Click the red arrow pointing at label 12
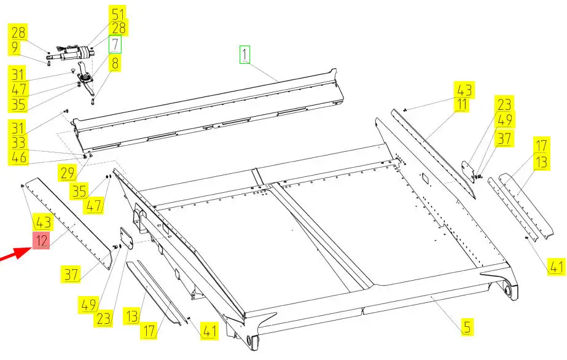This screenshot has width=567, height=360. pyautogui.click(x=15, y=254)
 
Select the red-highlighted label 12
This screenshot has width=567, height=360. pyautogui.click(x=41, y=241)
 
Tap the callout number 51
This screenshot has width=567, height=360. pyautogui.click(x=118, y=15)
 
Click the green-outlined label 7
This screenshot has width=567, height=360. pyautogui.click(x=115, y=44)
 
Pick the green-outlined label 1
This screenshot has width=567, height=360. pyautogui.click(x=245, y=55)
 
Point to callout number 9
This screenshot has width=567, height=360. pyautogui.click(x=15, y=47)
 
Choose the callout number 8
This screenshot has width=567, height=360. pyautogui.click(x=115, y=64)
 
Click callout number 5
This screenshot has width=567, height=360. pyautogui.click(x=467, y=327)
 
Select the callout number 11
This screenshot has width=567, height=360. pyautogui.click(x=462, y=104)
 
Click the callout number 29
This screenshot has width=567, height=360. pyautogui.click(x=68, y=173)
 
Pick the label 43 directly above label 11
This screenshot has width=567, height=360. pyautogui.click(x=464, y=90)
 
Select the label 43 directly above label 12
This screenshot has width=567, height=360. pyautogui.click(x=42, y=222)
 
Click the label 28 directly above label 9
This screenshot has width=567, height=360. pyautogui.click(x=18, y=32)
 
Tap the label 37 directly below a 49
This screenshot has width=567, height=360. pyautogui.click(x=504, y=138)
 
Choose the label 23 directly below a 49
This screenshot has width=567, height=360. pyautogui.click(x=103, y=319)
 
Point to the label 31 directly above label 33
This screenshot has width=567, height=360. pyautogui.click(x=18, y=128)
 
